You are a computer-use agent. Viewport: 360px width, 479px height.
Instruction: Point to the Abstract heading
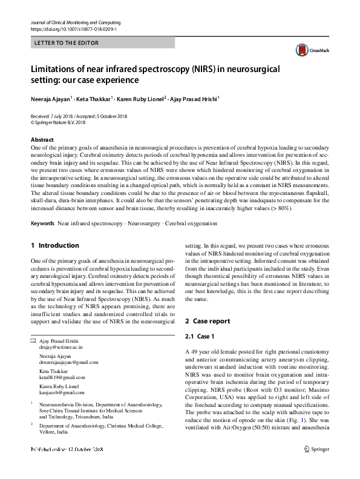click(42, 139)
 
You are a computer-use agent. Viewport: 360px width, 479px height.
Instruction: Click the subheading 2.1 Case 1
click(200, 336)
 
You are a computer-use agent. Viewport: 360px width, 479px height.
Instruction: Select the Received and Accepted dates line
click(79, 115)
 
